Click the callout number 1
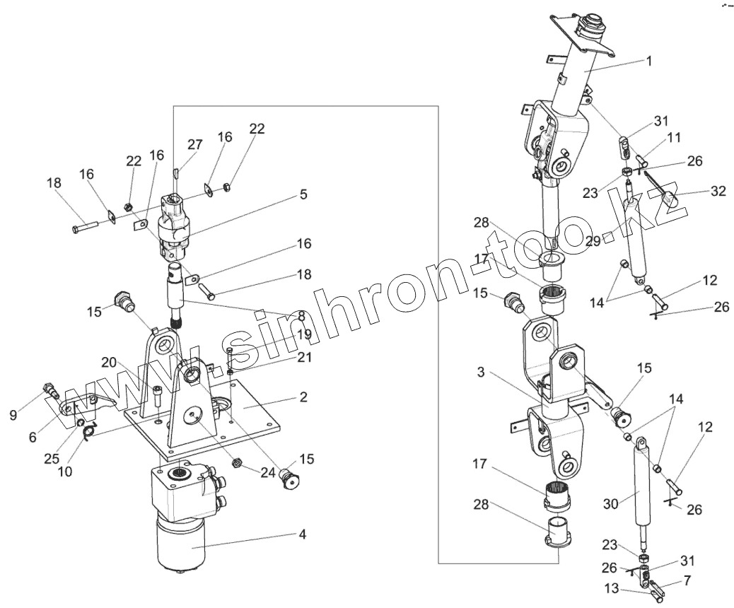tap(648, 61)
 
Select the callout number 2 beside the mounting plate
tap(303, 397)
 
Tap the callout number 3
tap(481, 372)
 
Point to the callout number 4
tap(302, 534)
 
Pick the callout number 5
tap(303, 194)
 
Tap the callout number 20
tap(108, 362)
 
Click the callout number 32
tap(718, 191)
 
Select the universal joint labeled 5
tap(175, 226)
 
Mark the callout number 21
tap(304, 358)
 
